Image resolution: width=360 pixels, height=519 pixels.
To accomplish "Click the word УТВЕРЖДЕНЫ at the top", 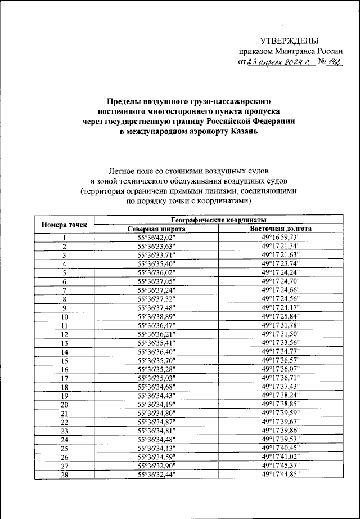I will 289,41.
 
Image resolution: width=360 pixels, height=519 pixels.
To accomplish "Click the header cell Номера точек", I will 64,225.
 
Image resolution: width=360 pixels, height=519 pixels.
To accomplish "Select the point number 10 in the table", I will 64,317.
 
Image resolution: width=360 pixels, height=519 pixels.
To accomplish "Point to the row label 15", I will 64,360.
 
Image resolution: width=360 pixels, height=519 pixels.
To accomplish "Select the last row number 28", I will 64,475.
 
